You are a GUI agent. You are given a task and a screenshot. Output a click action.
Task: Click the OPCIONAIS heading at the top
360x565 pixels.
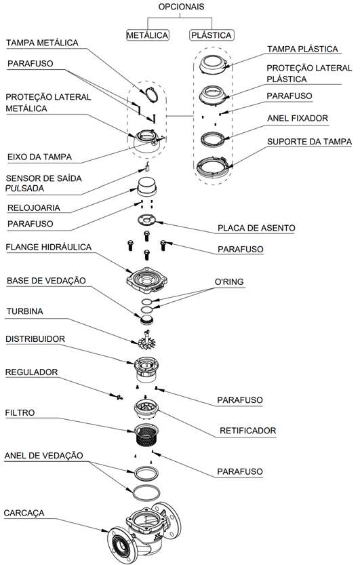pos(181,7)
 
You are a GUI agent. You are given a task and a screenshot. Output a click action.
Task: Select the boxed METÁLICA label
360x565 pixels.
pos(148,35)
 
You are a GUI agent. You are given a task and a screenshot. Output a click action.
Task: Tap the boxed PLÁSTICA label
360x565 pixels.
pos(212,35)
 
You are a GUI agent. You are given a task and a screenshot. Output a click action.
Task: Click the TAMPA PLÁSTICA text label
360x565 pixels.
pos(302,49)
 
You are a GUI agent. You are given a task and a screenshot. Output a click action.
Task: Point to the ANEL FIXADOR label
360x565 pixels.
pos(298,118)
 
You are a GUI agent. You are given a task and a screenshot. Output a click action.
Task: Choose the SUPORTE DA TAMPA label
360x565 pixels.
pos(309,142)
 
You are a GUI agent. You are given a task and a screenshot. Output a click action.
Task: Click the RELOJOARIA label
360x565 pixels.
pos(34,208)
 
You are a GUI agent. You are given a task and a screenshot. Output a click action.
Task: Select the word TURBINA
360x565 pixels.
pos(25,311)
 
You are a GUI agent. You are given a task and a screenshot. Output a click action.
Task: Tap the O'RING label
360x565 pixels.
pos(229,281)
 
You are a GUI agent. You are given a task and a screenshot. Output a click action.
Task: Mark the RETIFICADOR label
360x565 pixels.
pos(248,431)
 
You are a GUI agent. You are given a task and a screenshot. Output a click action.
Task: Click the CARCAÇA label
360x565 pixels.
pos(24,513)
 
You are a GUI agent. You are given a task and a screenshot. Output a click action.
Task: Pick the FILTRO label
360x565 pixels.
pos(20,412)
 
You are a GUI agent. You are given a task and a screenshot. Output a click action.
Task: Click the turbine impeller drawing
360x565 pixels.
pos(147,340)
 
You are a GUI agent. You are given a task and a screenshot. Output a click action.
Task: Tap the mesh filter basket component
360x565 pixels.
pos(146,435)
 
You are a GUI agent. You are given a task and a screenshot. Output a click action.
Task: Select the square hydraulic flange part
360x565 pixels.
pos(147,280)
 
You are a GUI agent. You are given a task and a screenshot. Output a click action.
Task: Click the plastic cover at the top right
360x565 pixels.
pos(214,64)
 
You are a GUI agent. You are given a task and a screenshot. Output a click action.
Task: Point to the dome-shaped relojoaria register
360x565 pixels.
pos(146,187)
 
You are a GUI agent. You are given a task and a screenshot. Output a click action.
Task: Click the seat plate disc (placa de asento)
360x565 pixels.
pos(147,220)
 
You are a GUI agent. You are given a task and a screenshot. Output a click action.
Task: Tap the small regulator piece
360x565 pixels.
pos(118,397)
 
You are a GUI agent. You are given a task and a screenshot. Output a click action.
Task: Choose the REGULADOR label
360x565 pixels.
pos(31,372)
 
